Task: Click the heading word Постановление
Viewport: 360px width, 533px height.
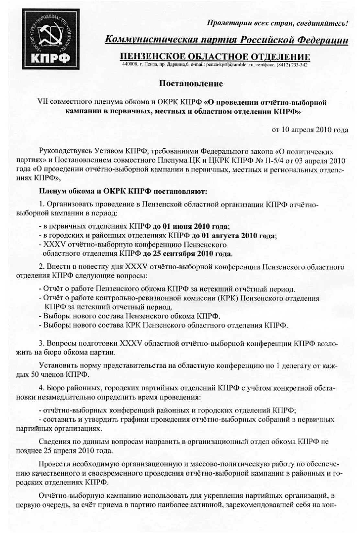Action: (x=191, y=84)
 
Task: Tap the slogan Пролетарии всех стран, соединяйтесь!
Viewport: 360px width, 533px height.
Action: (x=277, y=23)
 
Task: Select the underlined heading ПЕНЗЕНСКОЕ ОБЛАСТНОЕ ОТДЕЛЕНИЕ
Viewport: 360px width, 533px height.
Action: (x=215, y=57)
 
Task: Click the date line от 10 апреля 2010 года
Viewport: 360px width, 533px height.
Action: (x=310, y=130)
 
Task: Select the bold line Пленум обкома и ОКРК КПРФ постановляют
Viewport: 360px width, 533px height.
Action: (x=123, y=191)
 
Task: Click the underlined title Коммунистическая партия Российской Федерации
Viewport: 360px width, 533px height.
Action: (x=226, y=40)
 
